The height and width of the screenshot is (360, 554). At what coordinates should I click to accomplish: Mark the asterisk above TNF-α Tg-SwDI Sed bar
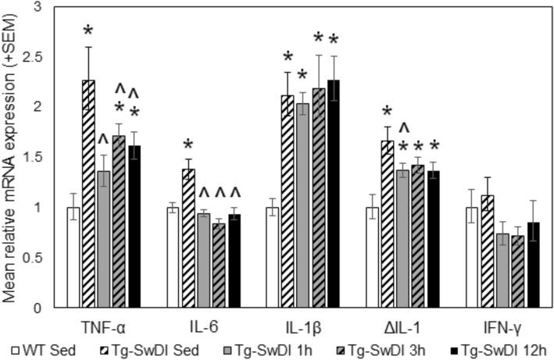point(88,31)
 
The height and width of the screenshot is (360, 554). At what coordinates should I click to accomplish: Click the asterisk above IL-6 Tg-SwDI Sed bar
point(188,145)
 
